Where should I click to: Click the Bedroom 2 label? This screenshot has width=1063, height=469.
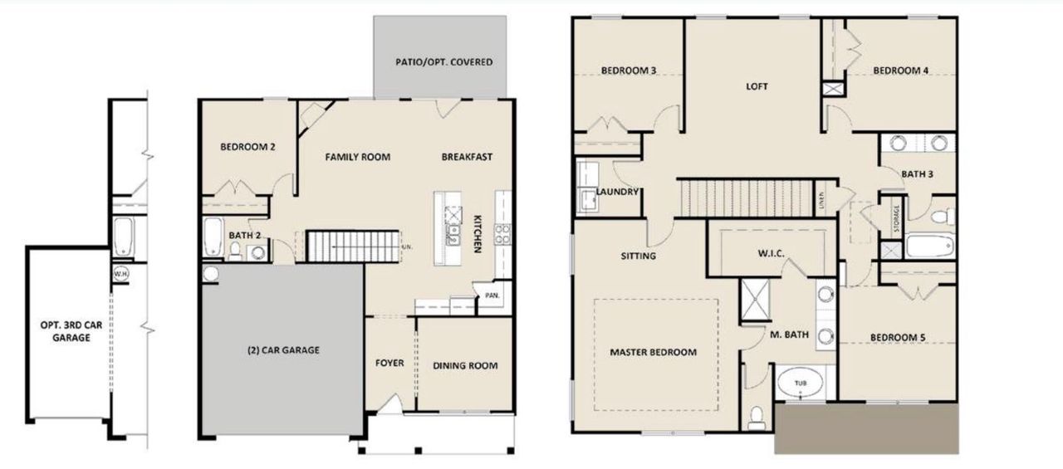click(247, 147)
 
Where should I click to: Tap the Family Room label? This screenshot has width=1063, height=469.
click(357, 157)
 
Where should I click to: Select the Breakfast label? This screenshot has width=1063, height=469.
click(467, 157)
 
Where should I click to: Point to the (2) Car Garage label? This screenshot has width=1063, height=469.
click(283, 350)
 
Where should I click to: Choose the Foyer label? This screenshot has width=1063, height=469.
click(389, 363)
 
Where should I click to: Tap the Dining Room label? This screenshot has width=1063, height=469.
click(465, 365)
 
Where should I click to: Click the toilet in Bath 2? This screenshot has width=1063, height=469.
click(235, 251)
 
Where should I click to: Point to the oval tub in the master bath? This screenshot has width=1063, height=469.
click(799, 384)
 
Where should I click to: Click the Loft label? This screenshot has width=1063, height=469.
click(757, 86)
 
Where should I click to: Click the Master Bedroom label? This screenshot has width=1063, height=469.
click(653, 352)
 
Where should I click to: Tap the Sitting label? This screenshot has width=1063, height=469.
click(638, 256)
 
